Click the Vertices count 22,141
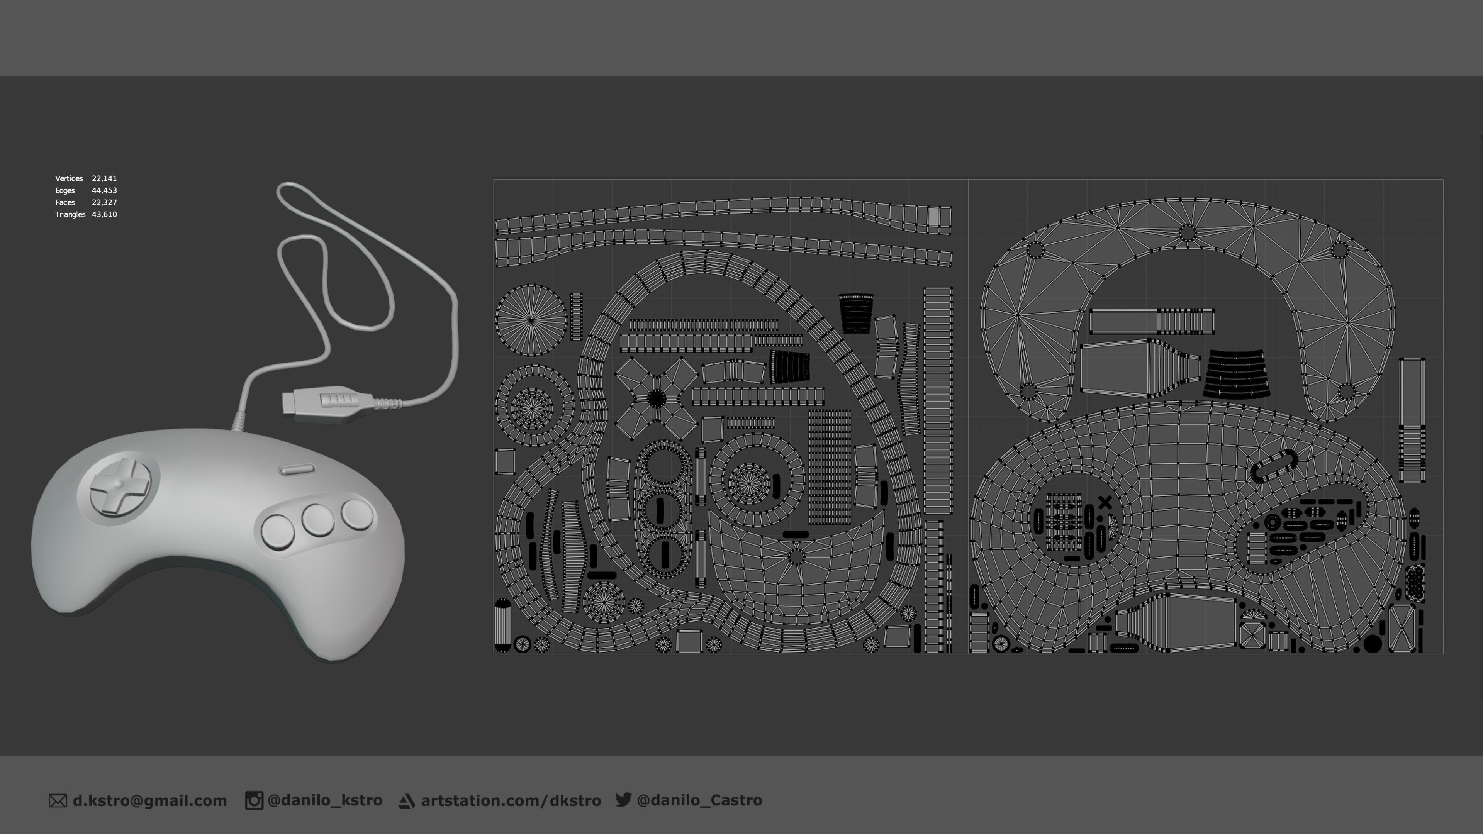104,178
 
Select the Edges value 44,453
104,190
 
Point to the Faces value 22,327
104,203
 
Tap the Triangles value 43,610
104,214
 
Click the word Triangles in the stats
70,214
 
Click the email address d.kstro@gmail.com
150,801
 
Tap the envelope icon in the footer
58,801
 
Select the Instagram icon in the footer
254,801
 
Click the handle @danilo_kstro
325,801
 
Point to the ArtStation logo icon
406,801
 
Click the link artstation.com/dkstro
511,801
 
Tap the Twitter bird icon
623,800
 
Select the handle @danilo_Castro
699,801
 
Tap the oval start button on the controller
297,470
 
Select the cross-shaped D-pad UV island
656,398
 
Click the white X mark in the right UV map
1105,502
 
